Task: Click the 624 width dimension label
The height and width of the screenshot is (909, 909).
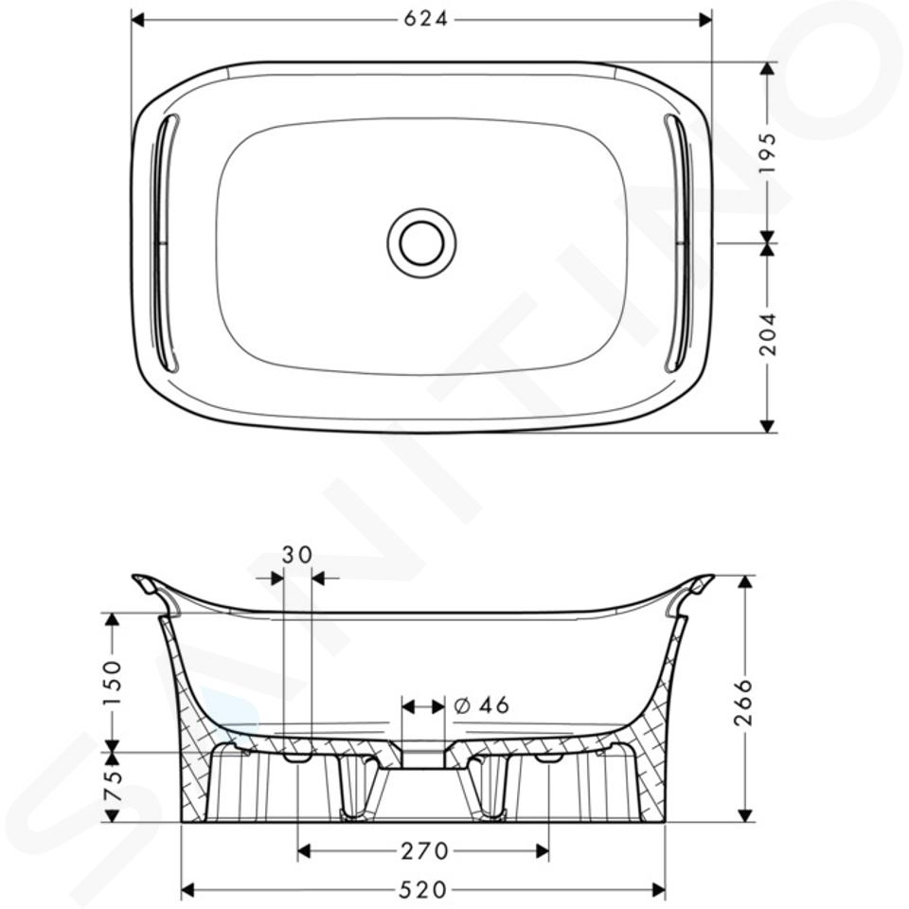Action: coord(426,20)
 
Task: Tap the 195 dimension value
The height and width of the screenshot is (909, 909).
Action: coord(767,152)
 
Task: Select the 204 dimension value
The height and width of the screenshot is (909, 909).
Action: coord(767,334)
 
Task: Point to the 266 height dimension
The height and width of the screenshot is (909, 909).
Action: coord(742,703)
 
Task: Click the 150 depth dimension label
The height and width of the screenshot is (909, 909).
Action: coord(112,683)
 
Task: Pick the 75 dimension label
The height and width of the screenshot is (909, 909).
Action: coord(112,785)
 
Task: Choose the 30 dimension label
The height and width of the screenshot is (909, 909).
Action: coord(296,555)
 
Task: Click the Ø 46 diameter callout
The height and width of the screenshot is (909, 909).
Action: coord(482,705)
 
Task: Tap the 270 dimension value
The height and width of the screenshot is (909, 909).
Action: coord(425,851)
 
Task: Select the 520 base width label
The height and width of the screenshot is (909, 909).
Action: coord(424,889)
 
